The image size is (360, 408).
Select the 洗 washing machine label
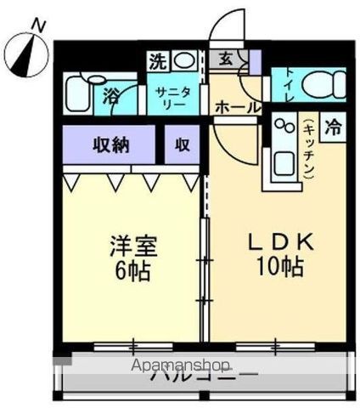[x=158, y=61]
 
